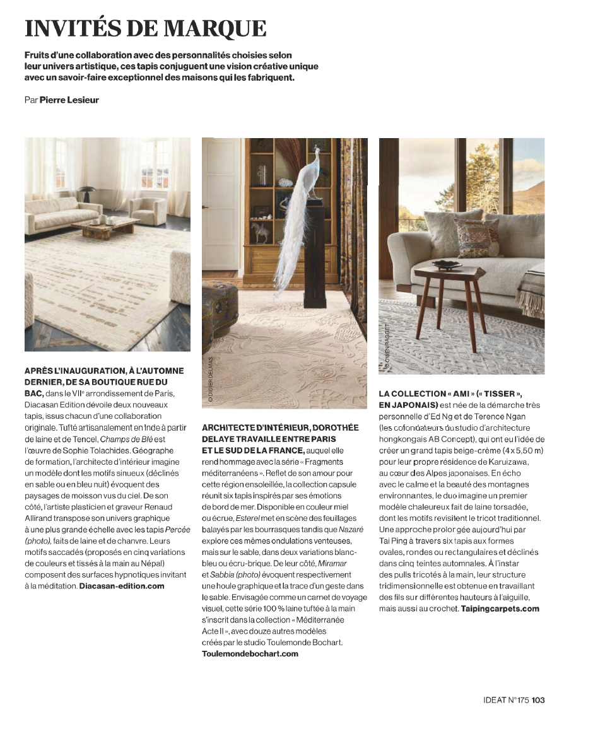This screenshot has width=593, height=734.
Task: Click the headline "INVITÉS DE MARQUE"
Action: [145, 28]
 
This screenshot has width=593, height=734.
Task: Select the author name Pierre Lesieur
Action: [69, 100]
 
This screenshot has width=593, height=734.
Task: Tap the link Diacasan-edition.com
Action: [122, 586]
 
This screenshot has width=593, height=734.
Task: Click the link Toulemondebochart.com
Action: [250, 654]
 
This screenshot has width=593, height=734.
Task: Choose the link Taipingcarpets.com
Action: [500, 609]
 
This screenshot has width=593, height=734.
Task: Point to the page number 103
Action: [537, 699]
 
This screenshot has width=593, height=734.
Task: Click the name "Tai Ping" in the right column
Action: [394, 540]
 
